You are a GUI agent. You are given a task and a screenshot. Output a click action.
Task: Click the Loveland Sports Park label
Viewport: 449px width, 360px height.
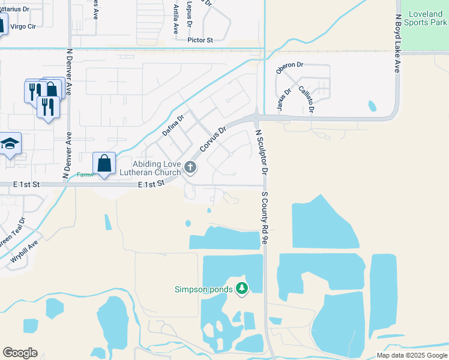point(427,18)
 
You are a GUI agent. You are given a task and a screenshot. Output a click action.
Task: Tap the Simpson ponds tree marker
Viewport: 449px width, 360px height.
point(242,289)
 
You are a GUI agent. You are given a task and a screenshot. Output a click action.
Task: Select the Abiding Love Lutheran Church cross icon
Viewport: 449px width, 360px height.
point(190,167)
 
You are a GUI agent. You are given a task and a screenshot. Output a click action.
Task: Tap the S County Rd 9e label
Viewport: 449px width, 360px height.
point(264,214)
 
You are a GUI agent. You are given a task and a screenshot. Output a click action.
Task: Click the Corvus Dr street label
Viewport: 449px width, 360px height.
point(214,139)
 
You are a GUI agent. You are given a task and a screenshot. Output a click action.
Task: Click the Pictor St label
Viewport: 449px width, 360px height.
point(200,40)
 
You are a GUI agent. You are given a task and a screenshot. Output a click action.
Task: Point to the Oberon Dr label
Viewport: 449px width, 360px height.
point(290,68)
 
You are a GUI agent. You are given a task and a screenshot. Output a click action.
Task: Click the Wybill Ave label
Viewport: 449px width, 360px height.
point(25,252)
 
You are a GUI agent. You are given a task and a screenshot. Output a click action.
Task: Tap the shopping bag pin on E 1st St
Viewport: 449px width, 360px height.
point(104,163)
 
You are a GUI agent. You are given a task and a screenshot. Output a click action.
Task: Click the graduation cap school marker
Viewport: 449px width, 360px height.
point(10,143)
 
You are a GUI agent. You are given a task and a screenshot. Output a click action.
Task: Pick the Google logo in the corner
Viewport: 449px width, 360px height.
point(20,353)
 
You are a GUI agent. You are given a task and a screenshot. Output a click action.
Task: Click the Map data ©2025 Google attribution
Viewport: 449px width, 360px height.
point(412,355)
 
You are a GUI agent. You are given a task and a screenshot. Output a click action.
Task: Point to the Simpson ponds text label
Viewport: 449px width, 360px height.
point(204,289)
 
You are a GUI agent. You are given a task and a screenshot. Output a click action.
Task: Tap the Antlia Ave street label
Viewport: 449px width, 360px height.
point(176,20)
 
